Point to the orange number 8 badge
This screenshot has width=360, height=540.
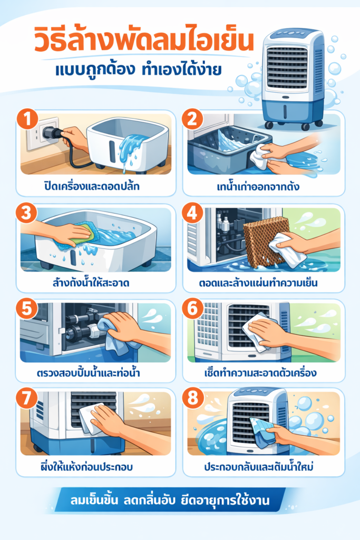[191, 399]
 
